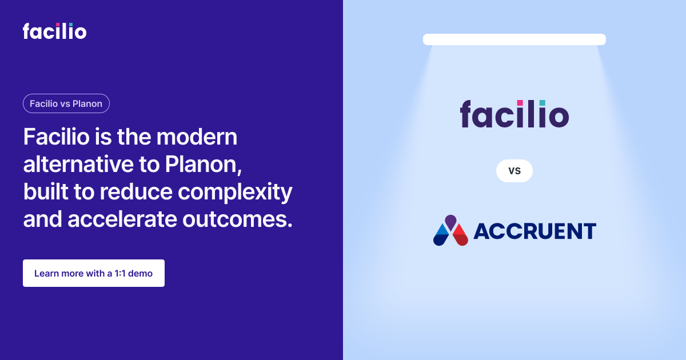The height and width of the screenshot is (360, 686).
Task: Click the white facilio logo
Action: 54,31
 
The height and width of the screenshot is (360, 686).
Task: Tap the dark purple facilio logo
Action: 514,114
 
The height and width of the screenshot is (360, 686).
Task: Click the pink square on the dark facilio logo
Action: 520,103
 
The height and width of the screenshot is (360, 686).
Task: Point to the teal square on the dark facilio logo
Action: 542,103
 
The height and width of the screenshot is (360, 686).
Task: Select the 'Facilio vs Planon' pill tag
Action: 66,103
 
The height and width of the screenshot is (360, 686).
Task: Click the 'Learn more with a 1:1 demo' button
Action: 94,273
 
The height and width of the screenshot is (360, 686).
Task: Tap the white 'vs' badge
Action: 514,171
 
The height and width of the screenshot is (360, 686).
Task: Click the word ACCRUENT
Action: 535,231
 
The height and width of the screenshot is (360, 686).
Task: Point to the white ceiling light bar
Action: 514,39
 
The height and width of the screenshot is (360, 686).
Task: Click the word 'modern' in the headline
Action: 197,137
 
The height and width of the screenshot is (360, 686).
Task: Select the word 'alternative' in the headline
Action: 78,165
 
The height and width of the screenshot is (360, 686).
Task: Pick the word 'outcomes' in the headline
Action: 237,219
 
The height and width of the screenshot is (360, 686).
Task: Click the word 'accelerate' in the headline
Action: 122,219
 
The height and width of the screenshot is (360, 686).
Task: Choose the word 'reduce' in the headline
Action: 136,191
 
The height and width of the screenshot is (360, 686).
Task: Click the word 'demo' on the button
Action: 140,273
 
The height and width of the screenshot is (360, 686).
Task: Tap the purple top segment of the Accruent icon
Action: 451,222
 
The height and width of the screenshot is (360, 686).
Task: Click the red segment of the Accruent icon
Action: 460,235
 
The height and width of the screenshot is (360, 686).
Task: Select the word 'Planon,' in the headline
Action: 204,165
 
